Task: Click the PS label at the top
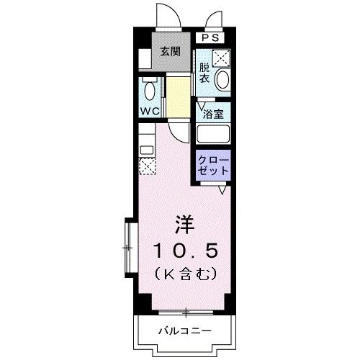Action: click(x=209, y=37)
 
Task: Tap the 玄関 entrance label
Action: click(x=170, y=52)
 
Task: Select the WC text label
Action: click(x=150, y=112)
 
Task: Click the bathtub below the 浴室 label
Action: click(x=213, y=135)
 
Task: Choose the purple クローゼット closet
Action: click(x=212, y=165)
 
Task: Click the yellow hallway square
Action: click(x=176, y=91)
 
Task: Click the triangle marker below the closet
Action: click(x=224, y=189)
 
